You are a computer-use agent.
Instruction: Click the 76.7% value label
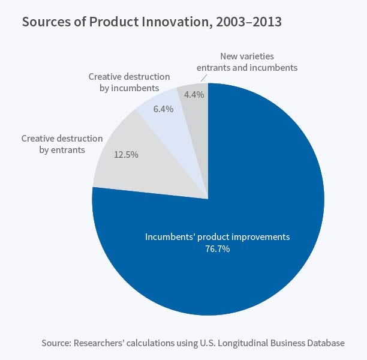click(x=217, y=249)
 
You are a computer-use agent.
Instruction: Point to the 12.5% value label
click(x=126, y=154)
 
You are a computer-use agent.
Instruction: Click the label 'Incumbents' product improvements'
click(x=217, y=237)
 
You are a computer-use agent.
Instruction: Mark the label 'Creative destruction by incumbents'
click(x=129, y=82)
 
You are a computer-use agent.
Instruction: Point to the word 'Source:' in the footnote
click(x=56, y=343)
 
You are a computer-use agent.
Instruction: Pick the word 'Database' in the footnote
click(x=324, y=343)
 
